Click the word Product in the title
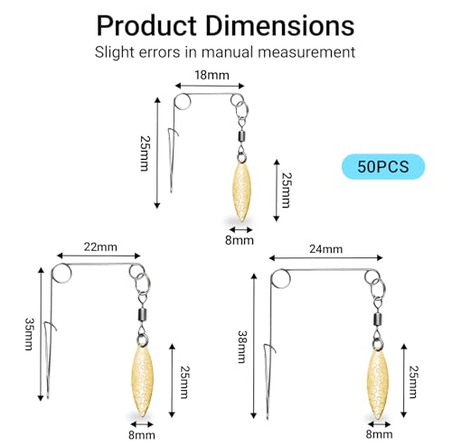point(146,25)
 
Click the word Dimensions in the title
point(280,25)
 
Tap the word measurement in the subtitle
point(306,52)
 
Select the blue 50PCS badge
point(383,166)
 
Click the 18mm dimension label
point(212,75)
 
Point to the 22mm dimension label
point(100,247)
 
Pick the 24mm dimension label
point(325,249)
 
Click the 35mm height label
point(29,334)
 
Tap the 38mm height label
point(242,347)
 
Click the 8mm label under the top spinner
point(240,240)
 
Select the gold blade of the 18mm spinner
point(241,191)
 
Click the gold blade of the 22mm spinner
point(142,380)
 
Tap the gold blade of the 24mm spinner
point(378,383)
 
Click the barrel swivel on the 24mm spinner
point(378,321)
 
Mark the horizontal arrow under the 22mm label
point(99,256)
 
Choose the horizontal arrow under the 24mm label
point(325,258)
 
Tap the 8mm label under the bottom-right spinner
point(379,434)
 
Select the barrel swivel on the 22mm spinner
point(142,315)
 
